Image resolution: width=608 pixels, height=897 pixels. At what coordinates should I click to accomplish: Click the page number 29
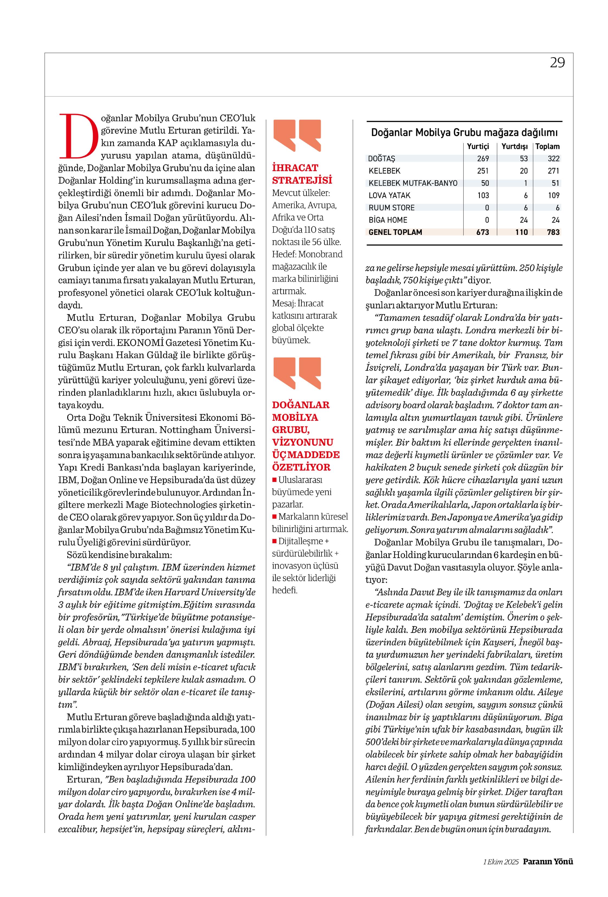tap(557, 63)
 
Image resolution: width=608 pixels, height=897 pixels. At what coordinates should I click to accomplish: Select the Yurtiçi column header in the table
tap(478, 147)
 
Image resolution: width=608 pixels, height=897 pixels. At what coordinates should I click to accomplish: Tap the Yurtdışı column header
tap(514, 147)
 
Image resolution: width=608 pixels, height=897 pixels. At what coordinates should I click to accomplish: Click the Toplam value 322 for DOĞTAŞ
tap(553, 159)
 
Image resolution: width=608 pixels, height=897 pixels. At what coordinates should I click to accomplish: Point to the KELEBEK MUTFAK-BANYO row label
tap(413, 183)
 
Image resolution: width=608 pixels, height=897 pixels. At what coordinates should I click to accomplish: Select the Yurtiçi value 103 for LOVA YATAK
tap(483, 196)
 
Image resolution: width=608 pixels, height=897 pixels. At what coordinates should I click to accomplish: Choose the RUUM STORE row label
tap(391, 208)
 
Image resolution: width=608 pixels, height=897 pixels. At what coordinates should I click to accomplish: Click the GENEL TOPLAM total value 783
tap(553, 232)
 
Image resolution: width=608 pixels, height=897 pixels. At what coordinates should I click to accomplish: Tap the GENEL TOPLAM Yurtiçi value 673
tap(482, 232)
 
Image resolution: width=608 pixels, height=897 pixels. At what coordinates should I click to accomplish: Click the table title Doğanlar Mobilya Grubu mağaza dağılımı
tap(464, 133)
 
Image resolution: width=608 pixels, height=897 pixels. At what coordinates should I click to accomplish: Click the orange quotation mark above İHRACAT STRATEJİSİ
tap(297, 135)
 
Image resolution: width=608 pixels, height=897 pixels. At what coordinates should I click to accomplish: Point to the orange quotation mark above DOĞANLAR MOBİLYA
tap(297, 373)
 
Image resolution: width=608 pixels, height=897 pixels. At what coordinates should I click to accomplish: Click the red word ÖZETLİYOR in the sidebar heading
tap(301, 467)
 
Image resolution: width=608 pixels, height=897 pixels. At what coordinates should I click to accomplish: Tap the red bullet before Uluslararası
tap(274, 480)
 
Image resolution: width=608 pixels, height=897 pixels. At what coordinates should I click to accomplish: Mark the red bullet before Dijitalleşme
tap(274, 541)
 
